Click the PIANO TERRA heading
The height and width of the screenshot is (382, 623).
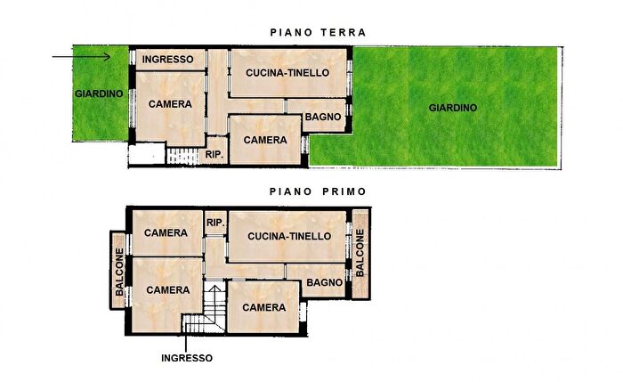tap(318, 33)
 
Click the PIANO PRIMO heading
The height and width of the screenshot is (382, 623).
tap(318, 191)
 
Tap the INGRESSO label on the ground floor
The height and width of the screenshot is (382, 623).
tap(169, 60)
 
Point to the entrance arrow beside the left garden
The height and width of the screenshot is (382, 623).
tap(81, 58)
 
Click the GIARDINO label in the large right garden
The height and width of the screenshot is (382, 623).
tap(452, 108)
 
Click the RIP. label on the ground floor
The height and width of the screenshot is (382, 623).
tap(214, 155)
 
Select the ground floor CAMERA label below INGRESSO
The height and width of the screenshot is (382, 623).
tap(170, 104)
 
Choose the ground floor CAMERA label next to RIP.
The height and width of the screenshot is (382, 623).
tap(265, 140)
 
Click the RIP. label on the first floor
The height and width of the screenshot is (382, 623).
tap(214, 222)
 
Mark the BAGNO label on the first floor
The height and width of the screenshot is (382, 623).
tap(324, 282)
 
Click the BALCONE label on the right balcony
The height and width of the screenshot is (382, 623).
tap(360, 252)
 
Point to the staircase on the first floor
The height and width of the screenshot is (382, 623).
tap(214, 306)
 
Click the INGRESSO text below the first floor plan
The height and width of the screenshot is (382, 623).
tap(187, 359)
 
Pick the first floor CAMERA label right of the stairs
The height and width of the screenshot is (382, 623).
tap(264, 307)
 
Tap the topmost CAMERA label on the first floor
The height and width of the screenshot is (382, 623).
tap(167, 233)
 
